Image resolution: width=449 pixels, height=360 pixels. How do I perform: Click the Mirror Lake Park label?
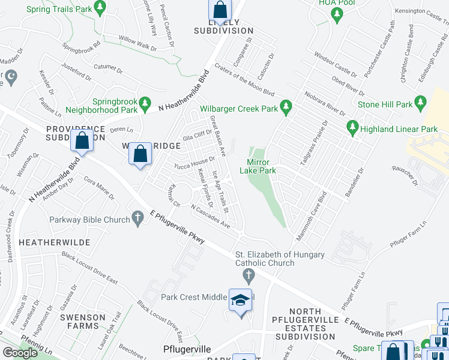coord(258,166)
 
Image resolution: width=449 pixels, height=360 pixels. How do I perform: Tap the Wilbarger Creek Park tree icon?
coord(286,108)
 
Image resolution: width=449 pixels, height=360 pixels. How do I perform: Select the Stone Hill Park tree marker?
coord(422,104)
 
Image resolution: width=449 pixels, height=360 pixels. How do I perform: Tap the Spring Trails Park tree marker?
coord(100,8)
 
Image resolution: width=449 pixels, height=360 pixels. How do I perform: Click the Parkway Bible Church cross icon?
coord(137,219)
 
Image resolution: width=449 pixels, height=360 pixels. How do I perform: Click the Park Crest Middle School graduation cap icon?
coord(240,301)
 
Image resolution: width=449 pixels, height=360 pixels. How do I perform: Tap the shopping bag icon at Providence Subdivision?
coord(83,141)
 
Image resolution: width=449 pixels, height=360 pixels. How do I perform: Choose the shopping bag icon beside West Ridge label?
coord(140,154)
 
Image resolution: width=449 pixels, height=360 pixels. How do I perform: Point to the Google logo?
coord(20,353)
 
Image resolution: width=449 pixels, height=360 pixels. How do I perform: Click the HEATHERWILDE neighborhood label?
coord(55,242)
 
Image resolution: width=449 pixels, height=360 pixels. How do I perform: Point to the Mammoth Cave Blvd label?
coord(310,212)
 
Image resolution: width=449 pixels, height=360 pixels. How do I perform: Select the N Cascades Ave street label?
coord(211,217)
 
